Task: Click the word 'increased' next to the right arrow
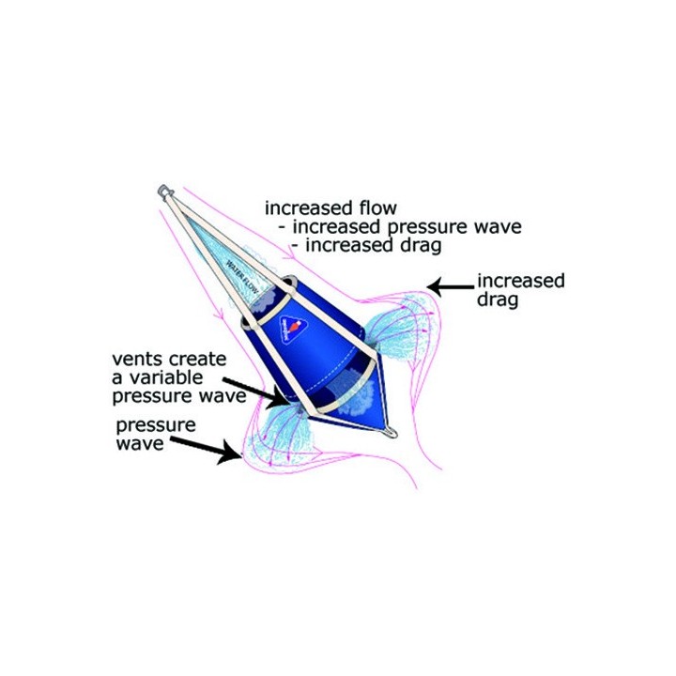pos(521,281)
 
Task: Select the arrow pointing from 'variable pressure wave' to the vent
pos(253,387)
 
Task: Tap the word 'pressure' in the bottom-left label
pos(156,425)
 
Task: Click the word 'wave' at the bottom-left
pos(139,443)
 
